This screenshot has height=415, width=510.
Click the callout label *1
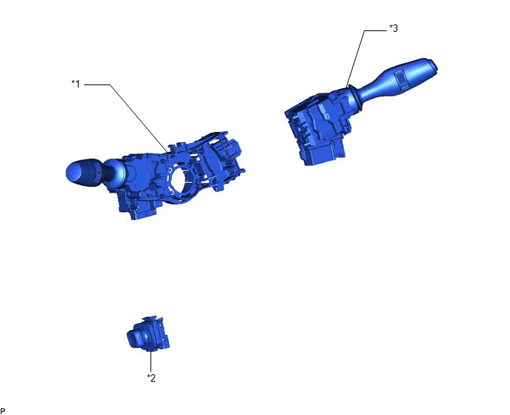(76, 84)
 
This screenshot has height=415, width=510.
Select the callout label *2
(151, 378)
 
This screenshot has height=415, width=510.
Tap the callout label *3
(394, 28)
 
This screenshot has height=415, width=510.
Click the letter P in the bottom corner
(3, 411)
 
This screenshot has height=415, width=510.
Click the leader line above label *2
(151, 362)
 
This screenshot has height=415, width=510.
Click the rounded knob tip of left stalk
(73, 172)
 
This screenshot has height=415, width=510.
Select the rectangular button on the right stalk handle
(402, 79)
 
